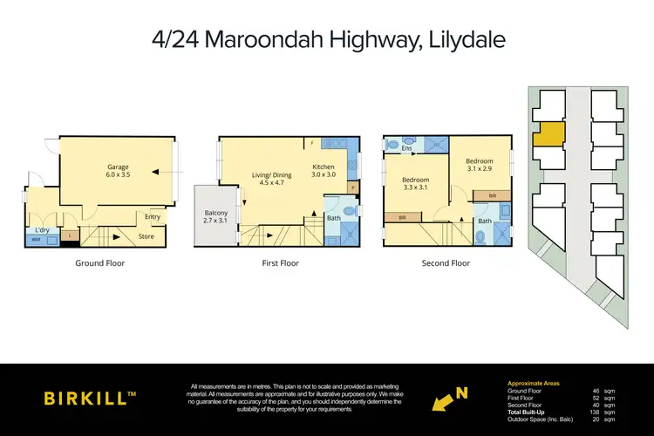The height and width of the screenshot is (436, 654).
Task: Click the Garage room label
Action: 119,167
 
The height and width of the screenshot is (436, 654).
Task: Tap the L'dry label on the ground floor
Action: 40,230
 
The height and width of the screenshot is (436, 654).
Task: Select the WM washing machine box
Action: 36,239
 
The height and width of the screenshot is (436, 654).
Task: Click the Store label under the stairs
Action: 146,235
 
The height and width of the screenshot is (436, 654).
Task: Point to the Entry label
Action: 153,217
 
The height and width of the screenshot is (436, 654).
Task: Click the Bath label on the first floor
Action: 333,218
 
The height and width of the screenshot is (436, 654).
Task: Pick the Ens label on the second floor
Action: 406,148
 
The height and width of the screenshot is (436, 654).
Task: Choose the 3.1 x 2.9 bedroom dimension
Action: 479,170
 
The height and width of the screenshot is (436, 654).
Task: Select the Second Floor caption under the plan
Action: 446,262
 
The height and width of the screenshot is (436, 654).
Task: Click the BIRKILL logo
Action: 90,398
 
